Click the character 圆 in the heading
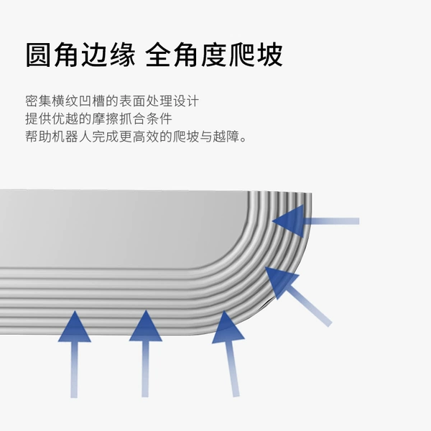click(x=39, y=55)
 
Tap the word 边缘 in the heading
click(x=108, y=55)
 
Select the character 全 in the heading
click(x=159, y=55)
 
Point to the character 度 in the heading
click(x=215, y=55)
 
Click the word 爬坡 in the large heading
click(x=256, y=55)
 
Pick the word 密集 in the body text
click(x=38, y=101)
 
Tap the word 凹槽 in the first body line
click(x=91, y=101)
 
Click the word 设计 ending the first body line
click(x=186, y=101)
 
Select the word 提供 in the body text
click(x=38, y=119)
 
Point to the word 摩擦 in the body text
click(x=105, y=119)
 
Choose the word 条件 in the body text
click(x=159, y=119)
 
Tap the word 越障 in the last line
click(x=226, y=136)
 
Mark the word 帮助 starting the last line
click(x=38, y=136)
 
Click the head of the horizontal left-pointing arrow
click(x=289, y=221)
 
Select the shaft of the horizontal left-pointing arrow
click(x=331, y=221)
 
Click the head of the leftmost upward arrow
click(x=75, y=328)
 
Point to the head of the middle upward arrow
click(x=146, y=327)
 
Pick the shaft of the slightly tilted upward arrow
click(x=232, y=369)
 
